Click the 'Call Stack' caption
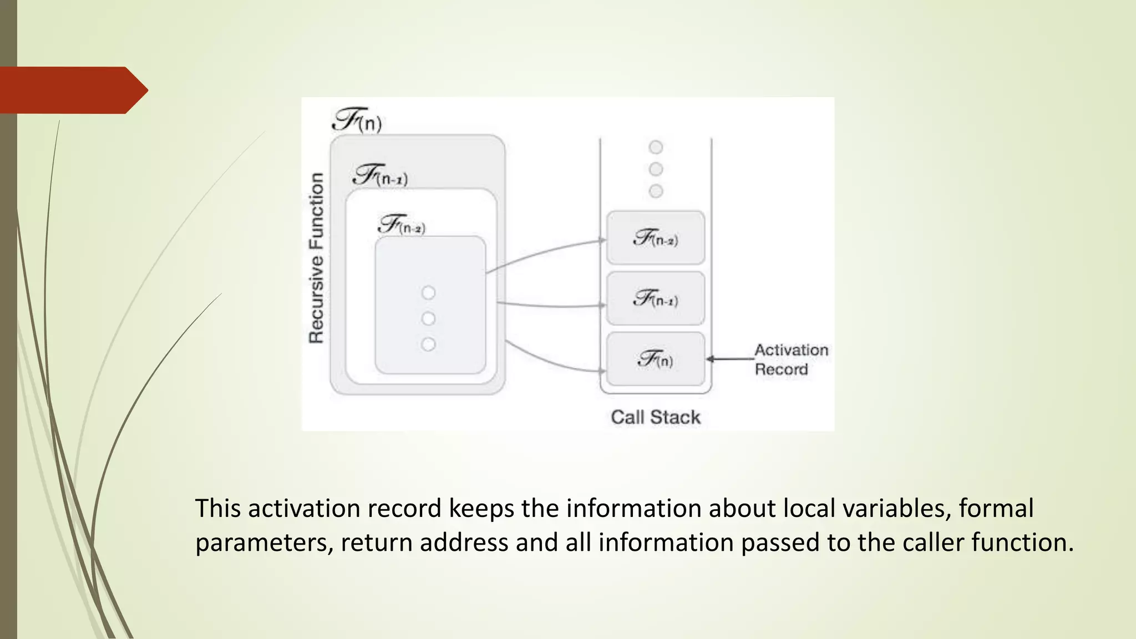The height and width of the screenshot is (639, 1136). pyautogui.click(x=655, y=417)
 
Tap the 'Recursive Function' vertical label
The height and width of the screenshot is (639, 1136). pyautogui.click(x=316, y=258)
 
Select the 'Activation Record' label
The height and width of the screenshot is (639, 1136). pyautogui.click(x=790, y=359)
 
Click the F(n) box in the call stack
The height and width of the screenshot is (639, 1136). pyautogui.click(x=655, y=359)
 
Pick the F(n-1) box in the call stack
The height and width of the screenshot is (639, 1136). pyautogui.click(x=655, y=298)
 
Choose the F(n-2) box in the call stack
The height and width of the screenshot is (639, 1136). pyautogui.click(x=655, y=237)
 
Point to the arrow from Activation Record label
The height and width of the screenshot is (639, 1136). pyautogui.click(x=730, y=359)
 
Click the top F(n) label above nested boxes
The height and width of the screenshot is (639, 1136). pyautogui.click(x=357, y=120)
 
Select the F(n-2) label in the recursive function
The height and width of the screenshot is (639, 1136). pyautogui.click(x=402, y=225)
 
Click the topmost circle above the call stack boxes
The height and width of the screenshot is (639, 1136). pyautogui.click(x=656, y=147)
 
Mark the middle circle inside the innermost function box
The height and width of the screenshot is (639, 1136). pyautogui.click(x=428, y=318)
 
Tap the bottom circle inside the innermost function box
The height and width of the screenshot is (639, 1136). pyautogui.click(x=428, y=344)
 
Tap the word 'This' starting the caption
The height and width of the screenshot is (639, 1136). pyautogui.click(x=218, y=508)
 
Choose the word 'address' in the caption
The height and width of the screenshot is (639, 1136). pyautogui.click(x=464, y=542)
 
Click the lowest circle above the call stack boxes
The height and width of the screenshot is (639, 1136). pyautogui.click(x=656, y=191)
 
